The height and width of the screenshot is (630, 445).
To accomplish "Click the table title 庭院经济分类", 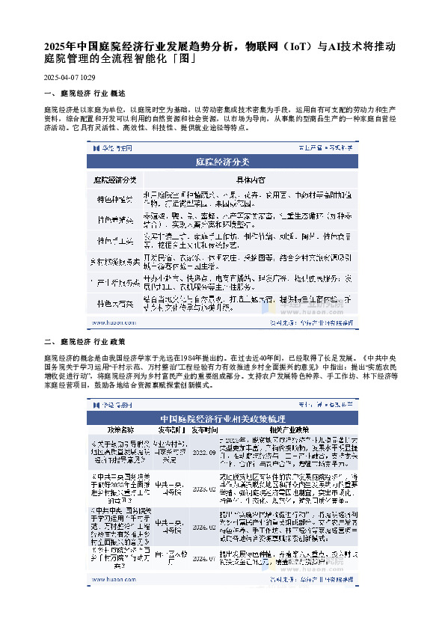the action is tap(222, 161).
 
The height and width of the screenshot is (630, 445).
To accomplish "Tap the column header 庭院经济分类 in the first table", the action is tap(115, 180).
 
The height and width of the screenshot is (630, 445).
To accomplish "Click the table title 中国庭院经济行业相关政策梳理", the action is tap(222, 418).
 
